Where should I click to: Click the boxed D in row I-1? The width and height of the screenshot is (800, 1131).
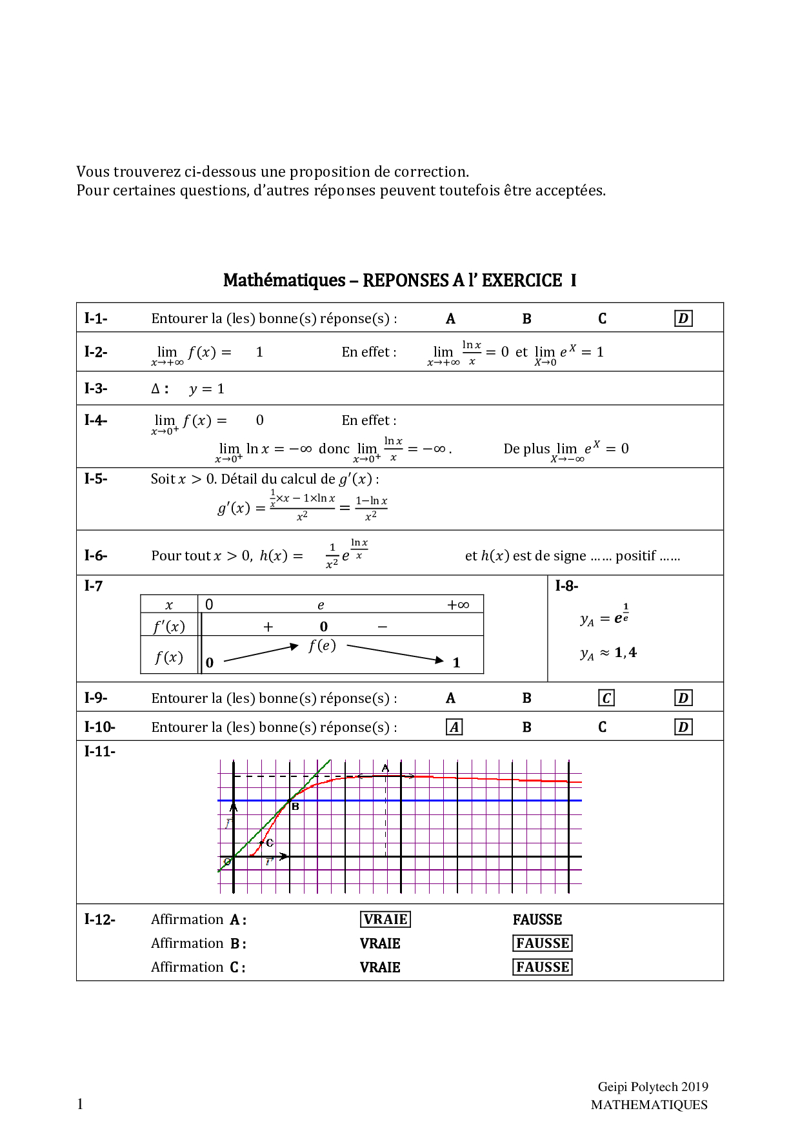point(683,319)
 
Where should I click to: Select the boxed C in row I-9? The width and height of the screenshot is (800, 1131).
point(606,698)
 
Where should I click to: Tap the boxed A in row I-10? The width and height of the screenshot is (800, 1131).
point(454,727)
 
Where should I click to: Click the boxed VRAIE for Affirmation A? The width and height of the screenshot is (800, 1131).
point(385,920)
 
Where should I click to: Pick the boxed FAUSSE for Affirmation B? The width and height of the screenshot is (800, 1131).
point(543,943)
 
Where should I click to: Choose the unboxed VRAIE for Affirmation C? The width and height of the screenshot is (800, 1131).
point(380,967)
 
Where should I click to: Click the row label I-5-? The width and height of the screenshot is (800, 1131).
point(95,478)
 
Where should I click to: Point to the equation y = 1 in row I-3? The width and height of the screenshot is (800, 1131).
point(206,389)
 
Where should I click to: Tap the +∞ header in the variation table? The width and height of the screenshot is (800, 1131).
point(458,605)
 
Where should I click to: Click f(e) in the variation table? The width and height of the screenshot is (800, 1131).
point(322,645)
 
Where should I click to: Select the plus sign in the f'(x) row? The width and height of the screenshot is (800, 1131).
point(268,627)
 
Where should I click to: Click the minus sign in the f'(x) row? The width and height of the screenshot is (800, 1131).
point(383,627)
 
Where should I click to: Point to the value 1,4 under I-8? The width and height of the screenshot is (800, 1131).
point(625,653)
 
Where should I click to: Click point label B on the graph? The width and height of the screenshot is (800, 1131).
point(295,807)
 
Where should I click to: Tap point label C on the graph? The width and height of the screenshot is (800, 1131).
point(270,843)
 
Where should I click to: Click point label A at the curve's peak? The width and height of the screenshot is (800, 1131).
point(385,768)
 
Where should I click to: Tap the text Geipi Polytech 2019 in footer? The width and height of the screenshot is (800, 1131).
point(652,1087)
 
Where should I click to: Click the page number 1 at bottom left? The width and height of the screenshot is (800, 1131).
point(80,1104)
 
